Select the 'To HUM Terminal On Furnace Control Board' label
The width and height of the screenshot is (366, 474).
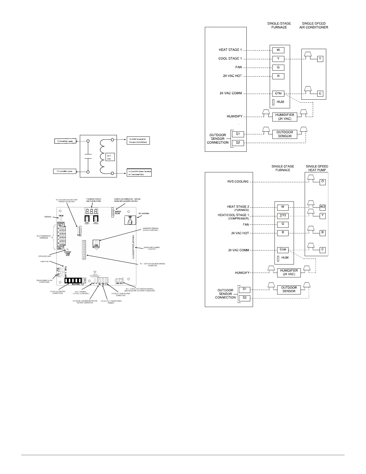click(138, 141)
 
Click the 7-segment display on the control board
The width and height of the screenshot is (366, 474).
click(91, 210)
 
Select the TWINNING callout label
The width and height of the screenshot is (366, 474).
click(48, 217)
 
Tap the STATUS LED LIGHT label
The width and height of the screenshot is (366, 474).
click(45, 256)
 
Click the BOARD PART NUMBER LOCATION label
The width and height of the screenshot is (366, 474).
click(152, 248)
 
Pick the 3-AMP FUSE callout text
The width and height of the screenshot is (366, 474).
click(44, 262)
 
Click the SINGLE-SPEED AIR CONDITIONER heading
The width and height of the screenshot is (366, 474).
click(314, 25)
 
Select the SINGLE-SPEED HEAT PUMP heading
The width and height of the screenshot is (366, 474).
click(317, 168)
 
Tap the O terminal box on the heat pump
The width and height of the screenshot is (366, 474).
click(322, 182)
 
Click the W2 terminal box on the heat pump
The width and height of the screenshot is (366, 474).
click(322, 207)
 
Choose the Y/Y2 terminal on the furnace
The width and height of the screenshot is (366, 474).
click(283, 215)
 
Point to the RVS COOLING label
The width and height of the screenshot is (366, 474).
click(237, 182)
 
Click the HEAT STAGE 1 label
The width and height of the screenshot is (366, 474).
click(230, 50)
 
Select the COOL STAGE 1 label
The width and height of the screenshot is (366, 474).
click(230, 58)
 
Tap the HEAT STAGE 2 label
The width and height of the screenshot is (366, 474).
click(238, 207)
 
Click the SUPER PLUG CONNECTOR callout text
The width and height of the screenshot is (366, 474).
click(127, 200)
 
